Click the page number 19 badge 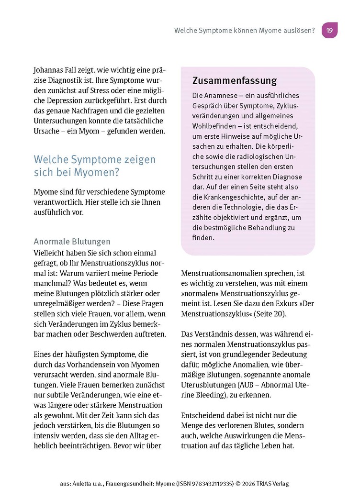coord(329,30)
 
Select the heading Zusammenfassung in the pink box coord(234,80)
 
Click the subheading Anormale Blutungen coord(72,242)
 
